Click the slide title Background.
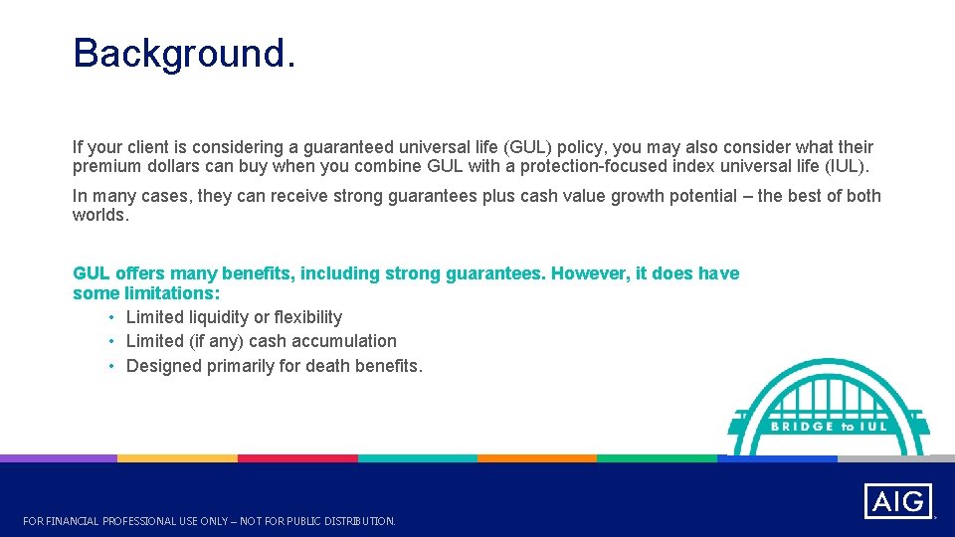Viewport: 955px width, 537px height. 184,54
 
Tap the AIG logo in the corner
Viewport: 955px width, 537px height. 897,501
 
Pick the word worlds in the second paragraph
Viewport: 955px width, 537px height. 100,215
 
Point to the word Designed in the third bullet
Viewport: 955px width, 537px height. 164,366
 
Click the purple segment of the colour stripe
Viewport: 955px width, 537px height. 59,458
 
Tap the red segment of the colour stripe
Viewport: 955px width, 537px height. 297,458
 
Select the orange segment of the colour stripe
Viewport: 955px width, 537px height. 536,458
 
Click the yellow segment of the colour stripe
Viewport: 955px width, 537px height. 178,458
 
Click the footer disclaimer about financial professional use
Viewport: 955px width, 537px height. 209,521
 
